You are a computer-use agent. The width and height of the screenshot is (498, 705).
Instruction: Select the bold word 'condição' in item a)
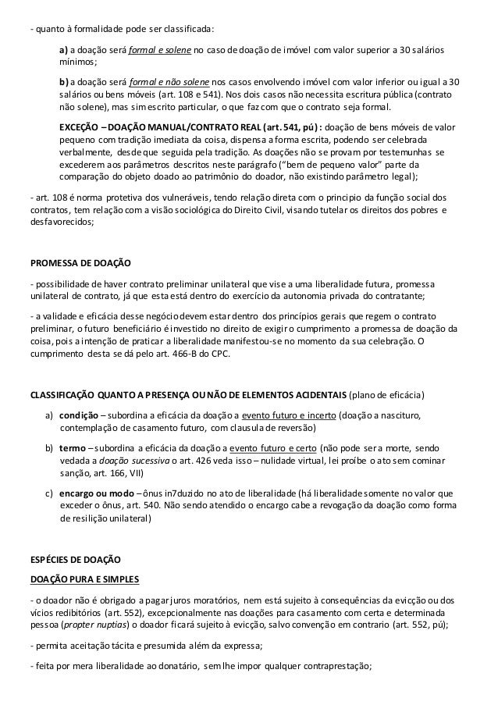[79, 415]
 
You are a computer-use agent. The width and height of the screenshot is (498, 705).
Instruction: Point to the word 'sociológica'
[199, 210]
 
